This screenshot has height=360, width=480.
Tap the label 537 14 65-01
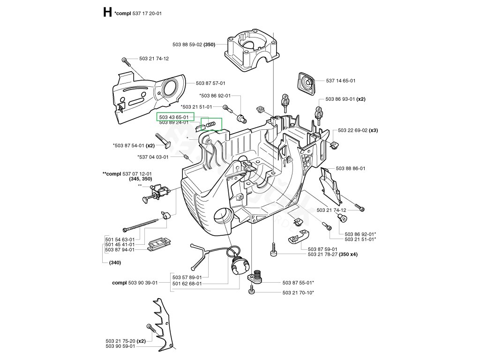tap(341, 81)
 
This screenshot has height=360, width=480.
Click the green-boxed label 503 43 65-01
tap(174, 117)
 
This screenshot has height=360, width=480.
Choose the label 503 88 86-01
tap(351, 168)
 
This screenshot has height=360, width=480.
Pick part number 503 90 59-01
tap(120, 346)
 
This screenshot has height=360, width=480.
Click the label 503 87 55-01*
tap(298, 283)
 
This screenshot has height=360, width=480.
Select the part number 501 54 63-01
tap(120, 239)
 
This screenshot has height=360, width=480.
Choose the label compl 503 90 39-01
tap(135, 283)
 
